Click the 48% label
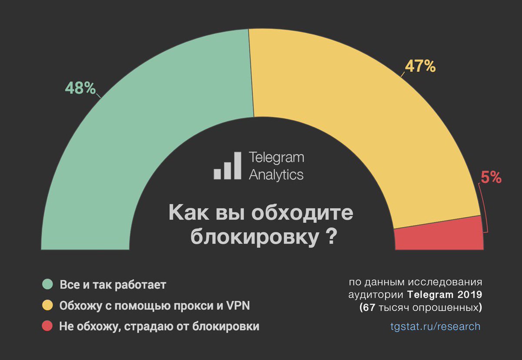80,88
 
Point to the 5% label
491,178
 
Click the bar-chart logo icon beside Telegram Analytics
227,166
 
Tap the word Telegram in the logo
276,158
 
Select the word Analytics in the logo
276,175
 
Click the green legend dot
47,285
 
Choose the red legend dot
47,326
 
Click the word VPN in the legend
237,306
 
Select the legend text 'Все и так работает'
113,285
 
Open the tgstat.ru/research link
435,326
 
